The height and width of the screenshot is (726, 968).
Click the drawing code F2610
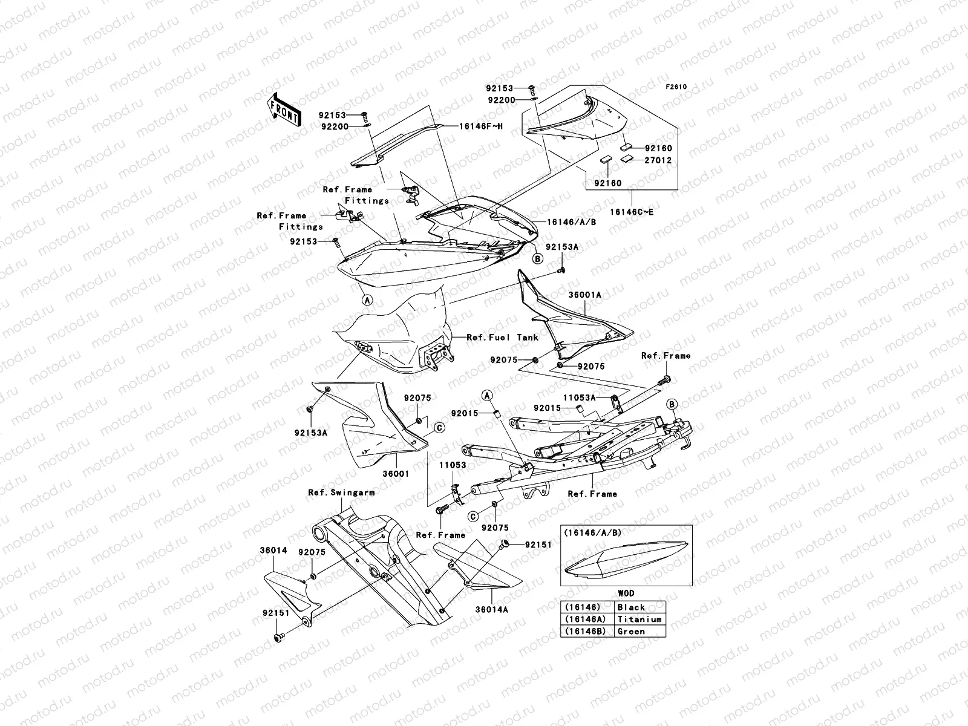point(676,87)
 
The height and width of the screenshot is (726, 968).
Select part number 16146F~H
point(481,126)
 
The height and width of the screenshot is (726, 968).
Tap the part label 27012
point(658,160)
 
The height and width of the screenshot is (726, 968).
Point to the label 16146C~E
point(632,212)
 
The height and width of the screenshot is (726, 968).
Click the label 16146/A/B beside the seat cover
point(571,222)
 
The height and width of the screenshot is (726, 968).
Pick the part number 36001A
point(584,295)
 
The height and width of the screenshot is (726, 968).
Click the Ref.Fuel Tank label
point(502,338)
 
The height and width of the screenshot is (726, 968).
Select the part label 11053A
point(580,397)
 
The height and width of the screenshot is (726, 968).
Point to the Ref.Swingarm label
point(341,492)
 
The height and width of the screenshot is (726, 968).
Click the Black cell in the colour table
point(630,607)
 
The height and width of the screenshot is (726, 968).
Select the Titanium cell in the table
point(639,620)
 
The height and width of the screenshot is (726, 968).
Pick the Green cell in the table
point(630,632)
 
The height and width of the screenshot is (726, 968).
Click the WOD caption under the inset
point(626,594)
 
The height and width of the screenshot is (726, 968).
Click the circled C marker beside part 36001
point(439,427)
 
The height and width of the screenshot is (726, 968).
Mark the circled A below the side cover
point(367,299)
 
